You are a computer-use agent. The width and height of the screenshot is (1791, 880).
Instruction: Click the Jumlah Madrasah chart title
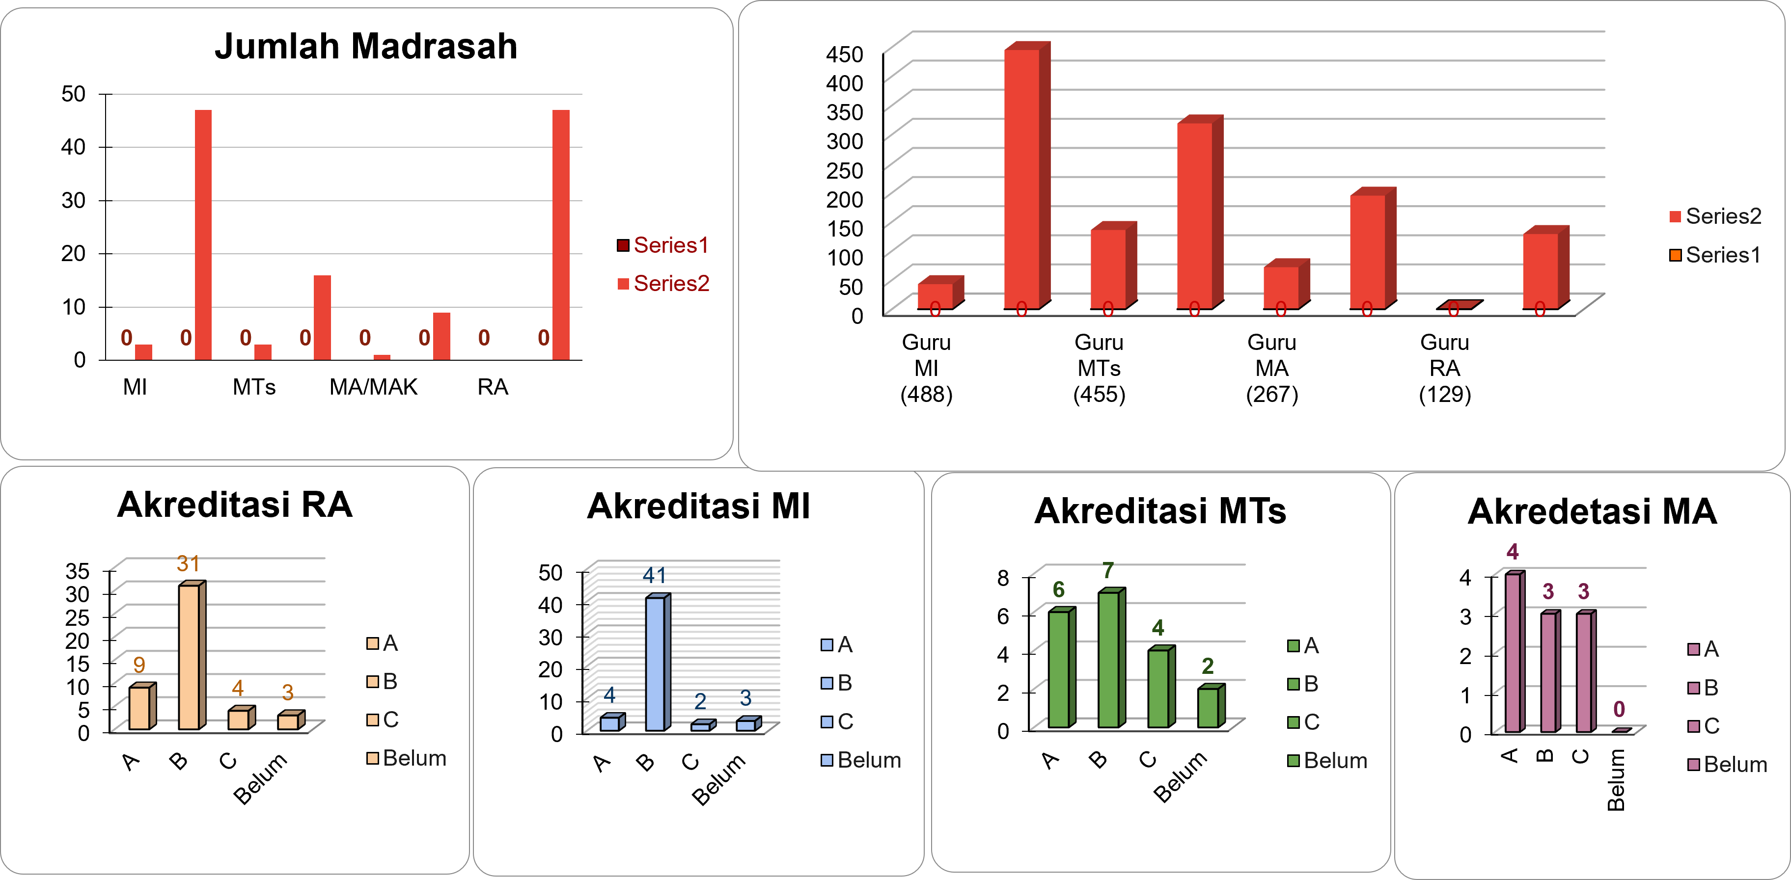point(366,47)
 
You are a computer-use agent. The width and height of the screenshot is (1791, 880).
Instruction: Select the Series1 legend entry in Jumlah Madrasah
point(663,245)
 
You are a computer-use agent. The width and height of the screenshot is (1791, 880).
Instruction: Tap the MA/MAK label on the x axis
point(373,387)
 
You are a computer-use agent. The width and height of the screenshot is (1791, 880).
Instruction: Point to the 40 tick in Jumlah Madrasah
point(73,147)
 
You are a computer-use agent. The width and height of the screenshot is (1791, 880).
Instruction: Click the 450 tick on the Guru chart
point(844,54)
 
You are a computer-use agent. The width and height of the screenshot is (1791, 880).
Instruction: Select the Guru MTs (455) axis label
point(1099,369)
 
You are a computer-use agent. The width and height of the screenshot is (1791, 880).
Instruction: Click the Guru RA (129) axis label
point(1444,369)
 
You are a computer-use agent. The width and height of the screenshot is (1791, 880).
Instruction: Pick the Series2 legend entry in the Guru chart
point(1715,216)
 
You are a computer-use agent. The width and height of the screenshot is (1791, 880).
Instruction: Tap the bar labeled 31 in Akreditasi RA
point(189,656)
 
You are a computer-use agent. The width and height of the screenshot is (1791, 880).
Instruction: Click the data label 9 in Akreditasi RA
point(139,665)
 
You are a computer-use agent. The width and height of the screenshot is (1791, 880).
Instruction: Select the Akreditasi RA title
point(235,505)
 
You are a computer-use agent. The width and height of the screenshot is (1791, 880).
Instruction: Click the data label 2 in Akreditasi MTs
point(1208,667)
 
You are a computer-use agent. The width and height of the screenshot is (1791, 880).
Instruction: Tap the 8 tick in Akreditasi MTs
point(1003,577)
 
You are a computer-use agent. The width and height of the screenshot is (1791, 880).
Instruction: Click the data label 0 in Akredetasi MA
point(1619,710)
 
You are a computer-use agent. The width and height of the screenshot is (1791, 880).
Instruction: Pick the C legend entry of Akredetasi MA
point(1704,726)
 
